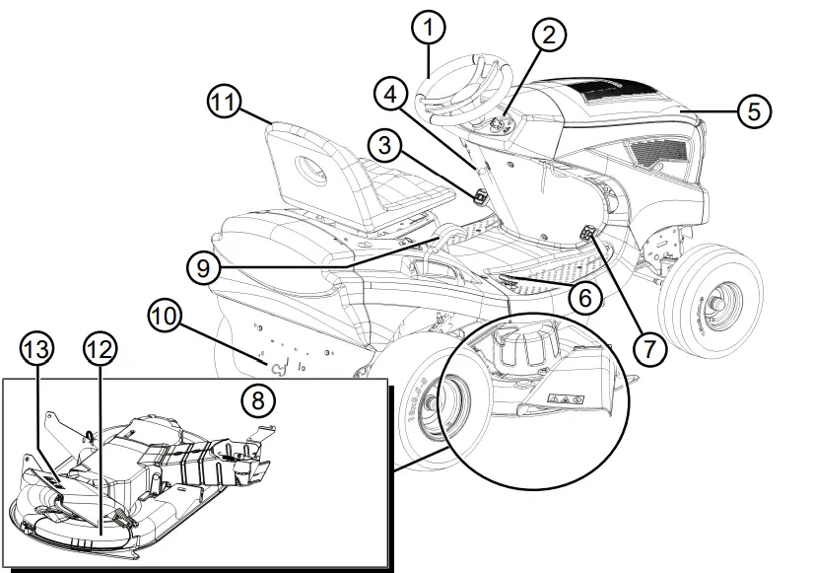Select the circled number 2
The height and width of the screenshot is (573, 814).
[x=550, y=35]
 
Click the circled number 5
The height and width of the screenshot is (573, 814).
[x=753, y=111]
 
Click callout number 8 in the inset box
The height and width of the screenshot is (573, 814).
[x=259, y=401]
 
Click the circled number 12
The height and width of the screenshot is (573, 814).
[x=101, y=349]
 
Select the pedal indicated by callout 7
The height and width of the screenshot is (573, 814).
[x=587, y=235]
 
